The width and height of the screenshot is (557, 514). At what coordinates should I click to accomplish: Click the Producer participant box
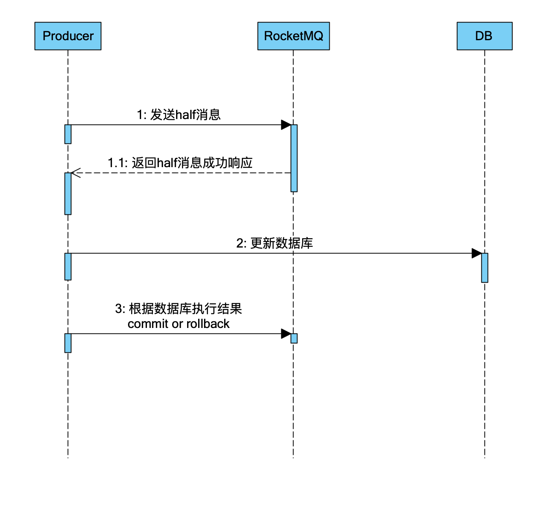(x=68, y=36)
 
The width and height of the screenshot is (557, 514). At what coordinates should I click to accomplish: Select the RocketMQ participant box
(x=293, y=36)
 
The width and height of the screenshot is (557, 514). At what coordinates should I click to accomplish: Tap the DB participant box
(x=484, y=36)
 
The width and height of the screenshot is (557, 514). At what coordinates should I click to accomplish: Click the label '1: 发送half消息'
(x=178, y=115)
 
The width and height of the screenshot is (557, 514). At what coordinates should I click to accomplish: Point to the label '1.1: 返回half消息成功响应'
(x=180, y=163)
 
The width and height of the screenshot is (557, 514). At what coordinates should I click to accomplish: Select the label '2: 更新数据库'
(x=275, y=243)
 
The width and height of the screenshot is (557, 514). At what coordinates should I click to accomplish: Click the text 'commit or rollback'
(x=178, y=324)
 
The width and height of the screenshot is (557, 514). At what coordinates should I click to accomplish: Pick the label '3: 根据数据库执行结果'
(x=178, y=309)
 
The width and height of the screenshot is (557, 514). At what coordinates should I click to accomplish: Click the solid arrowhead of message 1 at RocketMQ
(x=286, y=125)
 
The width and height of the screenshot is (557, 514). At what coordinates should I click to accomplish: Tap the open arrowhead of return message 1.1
(x=75, y=173)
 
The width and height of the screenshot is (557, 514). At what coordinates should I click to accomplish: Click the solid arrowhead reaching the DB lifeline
(x=477, y=253)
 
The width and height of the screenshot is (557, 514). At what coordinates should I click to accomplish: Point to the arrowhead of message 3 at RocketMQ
(x=286, y=334)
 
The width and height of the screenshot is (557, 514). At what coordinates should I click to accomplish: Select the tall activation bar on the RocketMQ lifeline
(x=294, y=158)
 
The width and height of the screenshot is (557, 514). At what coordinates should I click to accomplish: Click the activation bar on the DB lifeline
(x=485, y=268)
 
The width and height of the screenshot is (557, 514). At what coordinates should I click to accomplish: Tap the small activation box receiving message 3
(x=294, y=338)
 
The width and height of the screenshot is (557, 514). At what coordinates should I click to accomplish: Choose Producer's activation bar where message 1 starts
(x=68, y=134)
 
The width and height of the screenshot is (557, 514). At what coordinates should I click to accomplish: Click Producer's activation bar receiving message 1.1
(x=68, y=194)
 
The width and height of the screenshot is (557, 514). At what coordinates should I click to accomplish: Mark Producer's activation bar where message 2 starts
(x=68, y=266)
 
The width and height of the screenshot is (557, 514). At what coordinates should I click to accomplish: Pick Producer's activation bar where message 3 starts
(x=68, y=343)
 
